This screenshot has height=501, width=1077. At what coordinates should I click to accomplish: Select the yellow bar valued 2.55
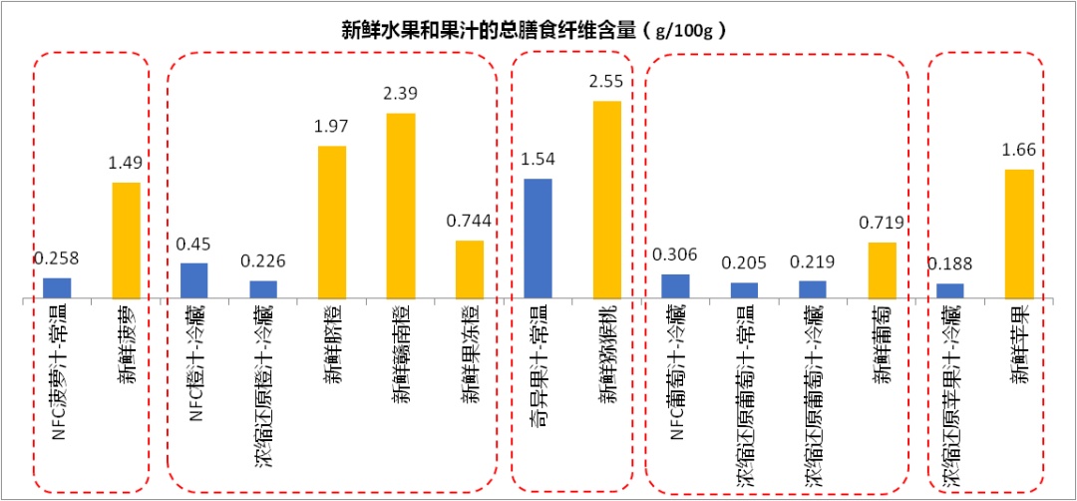point(607,200)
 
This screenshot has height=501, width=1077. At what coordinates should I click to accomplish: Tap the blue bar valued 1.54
point(538,239)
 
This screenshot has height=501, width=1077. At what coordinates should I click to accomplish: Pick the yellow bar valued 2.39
point(401,206)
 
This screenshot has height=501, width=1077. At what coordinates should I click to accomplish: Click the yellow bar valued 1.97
point(332,223)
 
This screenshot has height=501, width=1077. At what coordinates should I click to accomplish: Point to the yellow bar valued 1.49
point(126,241)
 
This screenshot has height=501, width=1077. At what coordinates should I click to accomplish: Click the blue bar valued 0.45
point(194,280)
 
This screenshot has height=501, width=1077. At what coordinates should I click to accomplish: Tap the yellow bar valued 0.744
point(470,269)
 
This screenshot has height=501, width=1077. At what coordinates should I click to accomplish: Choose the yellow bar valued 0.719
point(883,270)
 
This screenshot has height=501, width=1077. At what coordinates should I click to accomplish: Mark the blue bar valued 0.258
point(57,288)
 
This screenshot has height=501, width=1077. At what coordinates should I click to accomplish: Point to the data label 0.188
point(950,264)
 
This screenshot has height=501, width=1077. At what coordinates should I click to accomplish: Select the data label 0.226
point(263,261)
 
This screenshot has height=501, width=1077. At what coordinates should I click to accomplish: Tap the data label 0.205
point(745,263)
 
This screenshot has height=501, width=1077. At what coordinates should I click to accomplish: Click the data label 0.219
point(814,261)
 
